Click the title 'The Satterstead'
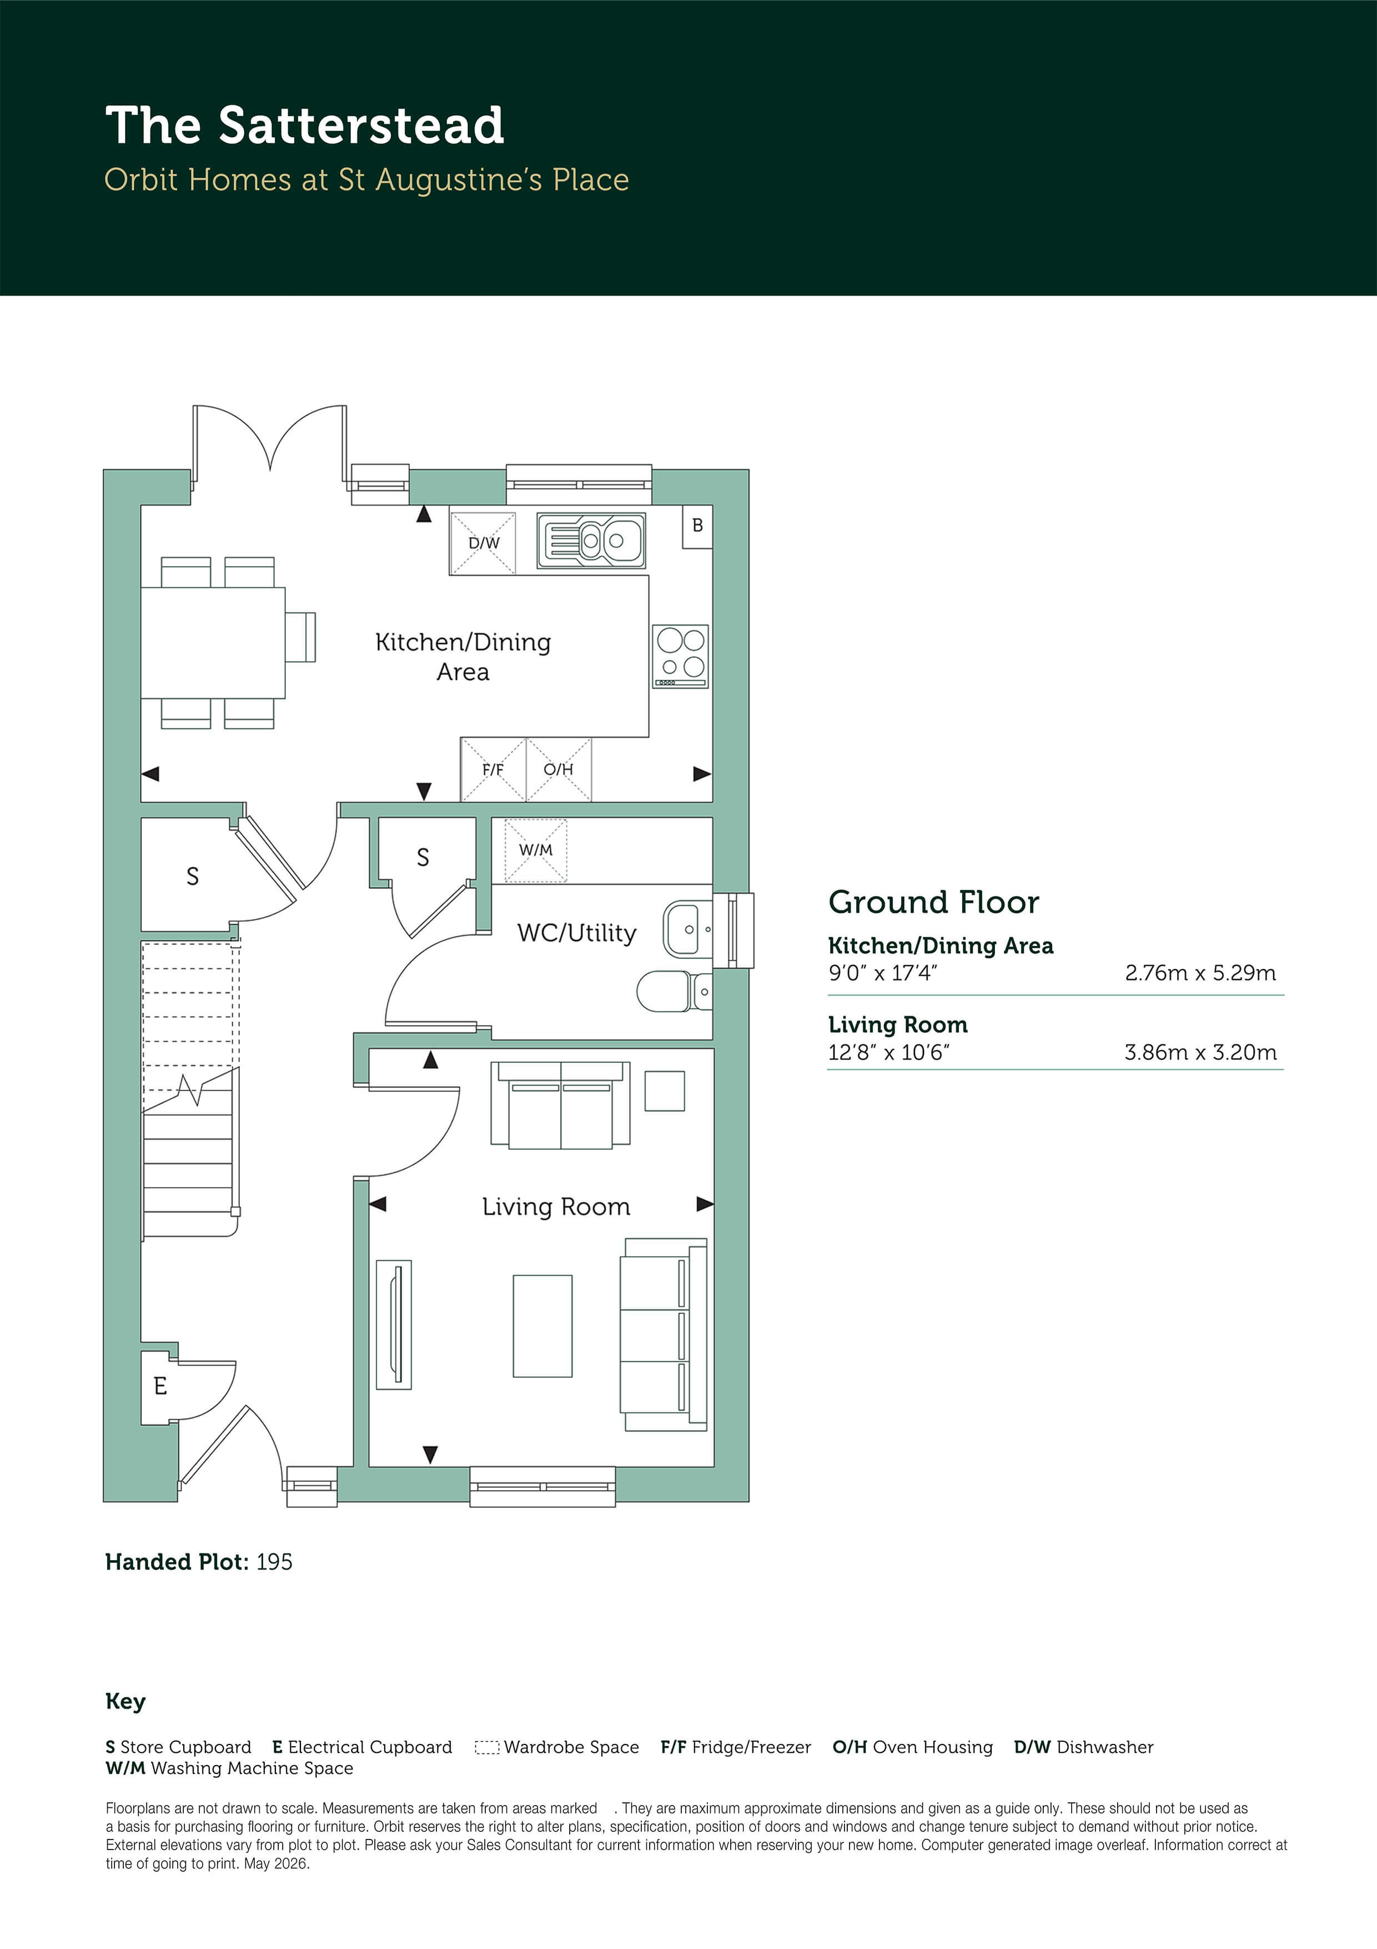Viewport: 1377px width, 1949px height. [x=305, y=126]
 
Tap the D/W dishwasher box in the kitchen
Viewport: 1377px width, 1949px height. [x=483, y=542]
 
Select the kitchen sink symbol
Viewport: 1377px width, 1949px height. [x=591, y=540]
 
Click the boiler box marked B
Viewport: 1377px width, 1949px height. [x=697, y=526]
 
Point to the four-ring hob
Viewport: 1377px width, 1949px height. [x=680, y=656]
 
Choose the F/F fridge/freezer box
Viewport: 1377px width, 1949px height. [x=493, y=769]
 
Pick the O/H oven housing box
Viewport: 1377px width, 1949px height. [x=558, y=769]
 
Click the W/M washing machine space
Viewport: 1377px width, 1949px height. [x=535, y=849]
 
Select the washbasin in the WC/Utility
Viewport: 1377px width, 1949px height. [x=688, y=929]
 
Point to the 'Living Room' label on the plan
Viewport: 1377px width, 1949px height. [x=556, y=1206]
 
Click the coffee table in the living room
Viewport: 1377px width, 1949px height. [x=542, y=1325]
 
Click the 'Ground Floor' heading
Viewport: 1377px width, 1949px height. [x=933, y=902]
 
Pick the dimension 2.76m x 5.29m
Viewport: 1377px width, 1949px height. [x=1200, y=973]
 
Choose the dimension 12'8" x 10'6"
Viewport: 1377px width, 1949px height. [x=888, y=1053]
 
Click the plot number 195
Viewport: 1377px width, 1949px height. [x=274, y=1562]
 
